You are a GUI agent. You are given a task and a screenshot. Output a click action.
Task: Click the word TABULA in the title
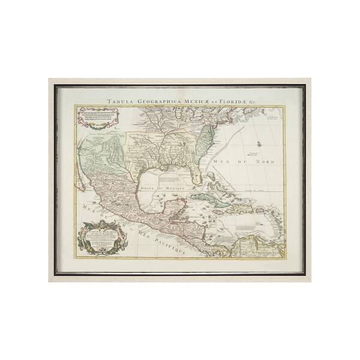coord(119,102)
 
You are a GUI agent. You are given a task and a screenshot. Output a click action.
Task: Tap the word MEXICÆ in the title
coord(195,102)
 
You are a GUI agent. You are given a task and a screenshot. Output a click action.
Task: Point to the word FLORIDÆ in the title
coord(230,102)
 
